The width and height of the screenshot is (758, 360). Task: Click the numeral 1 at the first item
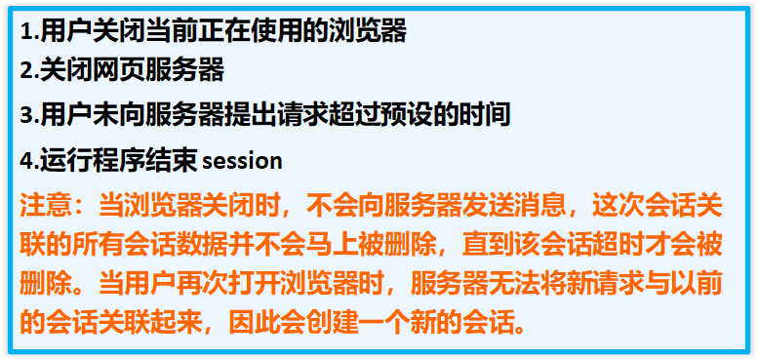pyautogui.click(x=25, y=31)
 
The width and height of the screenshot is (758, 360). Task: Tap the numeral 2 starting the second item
pyautogui.click(x=26, y=70)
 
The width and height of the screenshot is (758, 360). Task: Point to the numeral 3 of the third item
pyautogui.click(x=26, y=115)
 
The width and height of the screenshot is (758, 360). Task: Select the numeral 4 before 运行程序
pyautogui.click(x=26, y=159)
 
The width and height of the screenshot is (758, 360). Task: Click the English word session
pyautogui.click(x=241, y=160)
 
